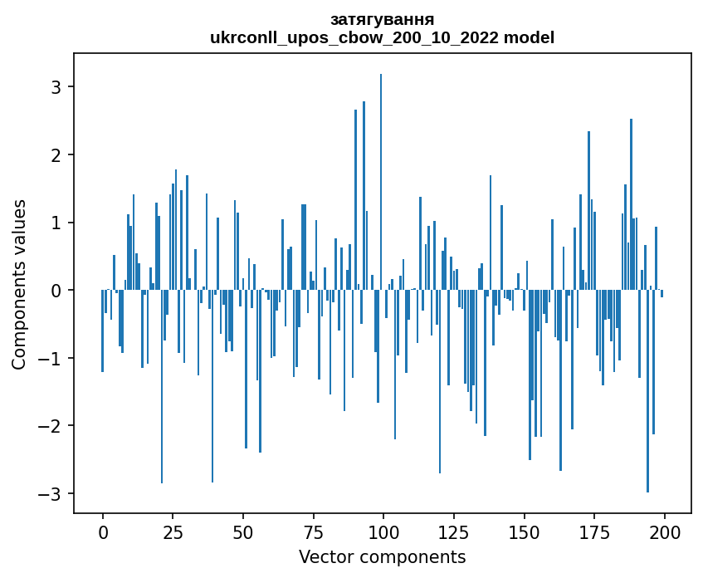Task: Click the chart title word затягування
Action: [382, 19]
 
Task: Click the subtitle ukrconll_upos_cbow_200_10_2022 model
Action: [382, 37]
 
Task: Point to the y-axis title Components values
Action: [19, 284]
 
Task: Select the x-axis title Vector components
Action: [382, 556]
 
